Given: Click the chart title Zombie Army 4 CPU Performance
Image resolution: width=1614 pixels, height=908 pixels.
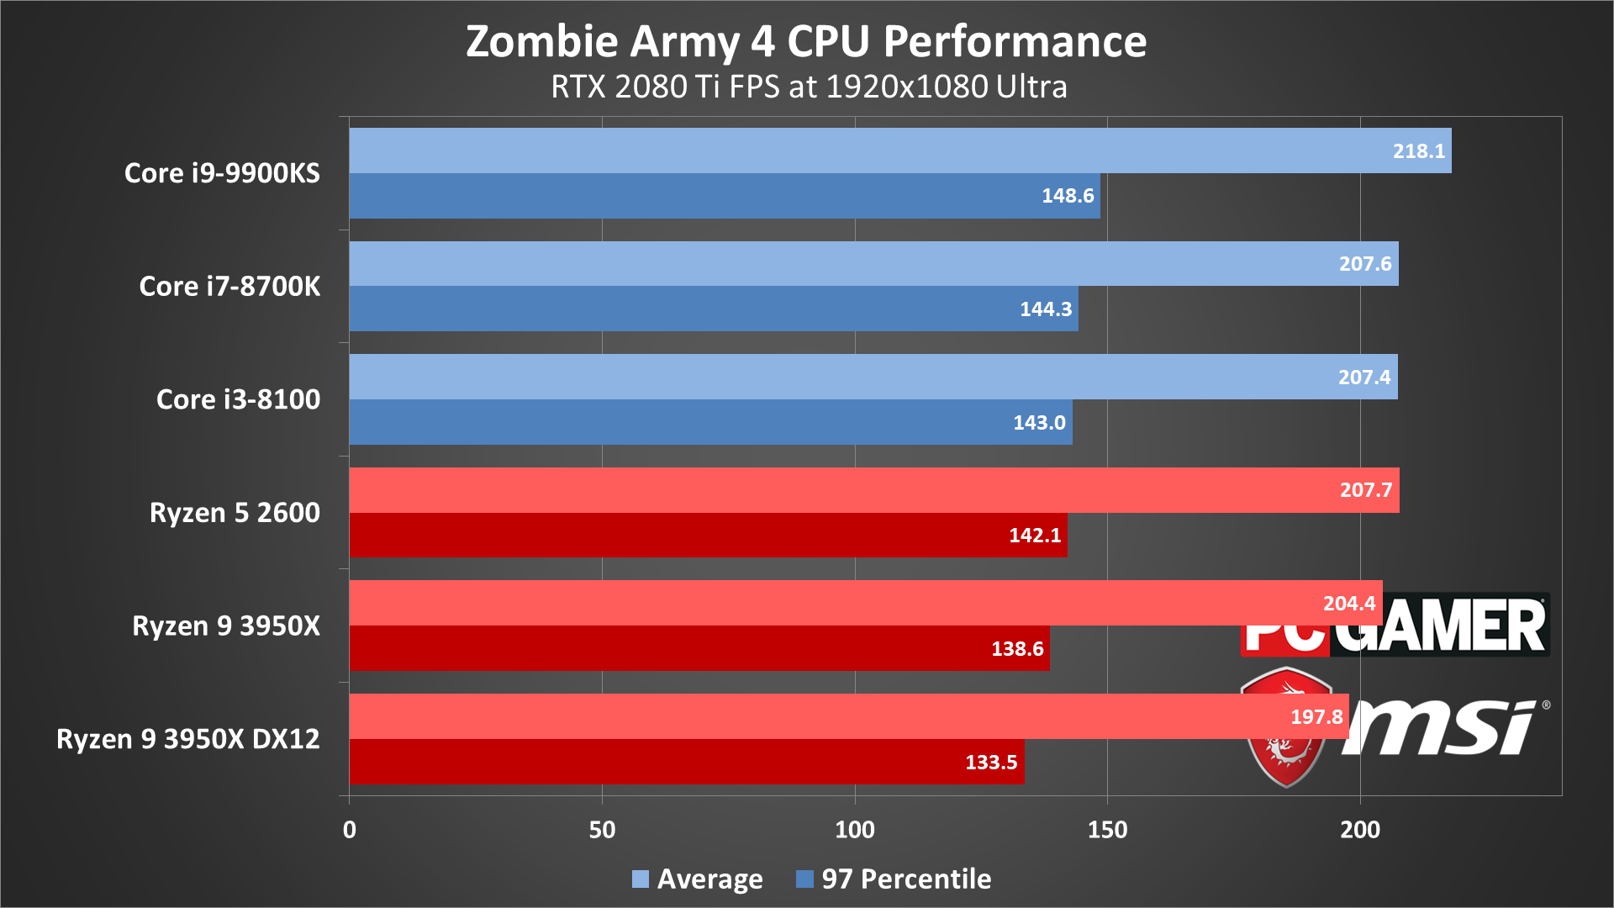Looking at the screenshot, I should click(x=806, y=42).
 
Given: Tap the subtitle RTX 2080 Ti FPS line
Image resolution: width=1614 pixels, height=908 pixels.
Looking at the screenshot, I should click(x=809, y=87).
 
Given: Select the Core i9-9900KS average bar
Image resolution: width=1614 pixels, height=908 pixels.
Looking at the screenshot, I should click(x=841, y=150).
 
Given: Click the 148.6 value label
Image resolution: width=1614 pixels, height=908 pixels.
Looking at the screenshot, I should click(x=1068, y=196).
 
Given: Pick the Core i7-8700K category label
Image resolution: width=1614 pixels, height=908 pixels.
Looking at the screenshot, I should click(x=229, y=286).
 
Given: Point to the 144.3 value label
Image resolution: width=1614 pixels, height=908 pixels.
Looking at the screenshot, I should click(x=1046, y=309).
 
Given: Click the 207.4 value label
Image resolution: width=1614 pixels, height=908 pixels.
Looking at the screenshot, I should click(x=1364, y=377).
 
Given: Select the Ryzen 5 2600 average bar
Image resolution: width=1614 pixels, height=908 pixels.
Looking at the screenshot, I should click(x=841, y=490).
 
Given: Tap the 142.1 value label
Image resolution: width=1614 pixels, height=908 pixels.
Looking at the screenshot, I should click(x=1035, y=536).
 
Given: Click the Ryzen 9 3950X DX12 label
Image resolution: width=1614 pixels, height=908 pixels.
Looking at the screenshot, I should click(x=188, y=739).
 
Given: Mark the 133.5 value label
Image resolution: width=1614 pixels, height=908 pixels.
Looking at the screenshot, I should click(x=991, y=763).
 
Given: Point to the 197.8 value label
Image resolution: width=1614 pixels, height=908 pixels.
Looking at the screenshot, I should click(x=1316, y=717).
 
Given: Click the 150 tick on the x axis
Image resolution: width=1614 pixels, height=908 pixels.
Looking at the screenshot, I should click(x=1107, y=830).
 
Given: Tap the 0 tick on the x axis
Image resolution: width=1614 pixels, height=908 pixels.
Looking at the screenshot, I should click(x=350, y=830).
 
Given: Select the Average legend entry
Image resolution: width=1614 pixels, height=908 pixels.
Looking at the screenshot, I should click(x=698, y=879).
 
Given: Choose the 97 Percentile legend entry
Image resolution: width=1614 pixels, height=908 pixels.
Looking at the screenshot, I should click(x=894, y=879).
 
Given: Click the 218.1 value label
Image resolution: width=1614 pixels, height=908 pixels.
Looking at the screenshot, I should click(x=1419, y=151).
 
